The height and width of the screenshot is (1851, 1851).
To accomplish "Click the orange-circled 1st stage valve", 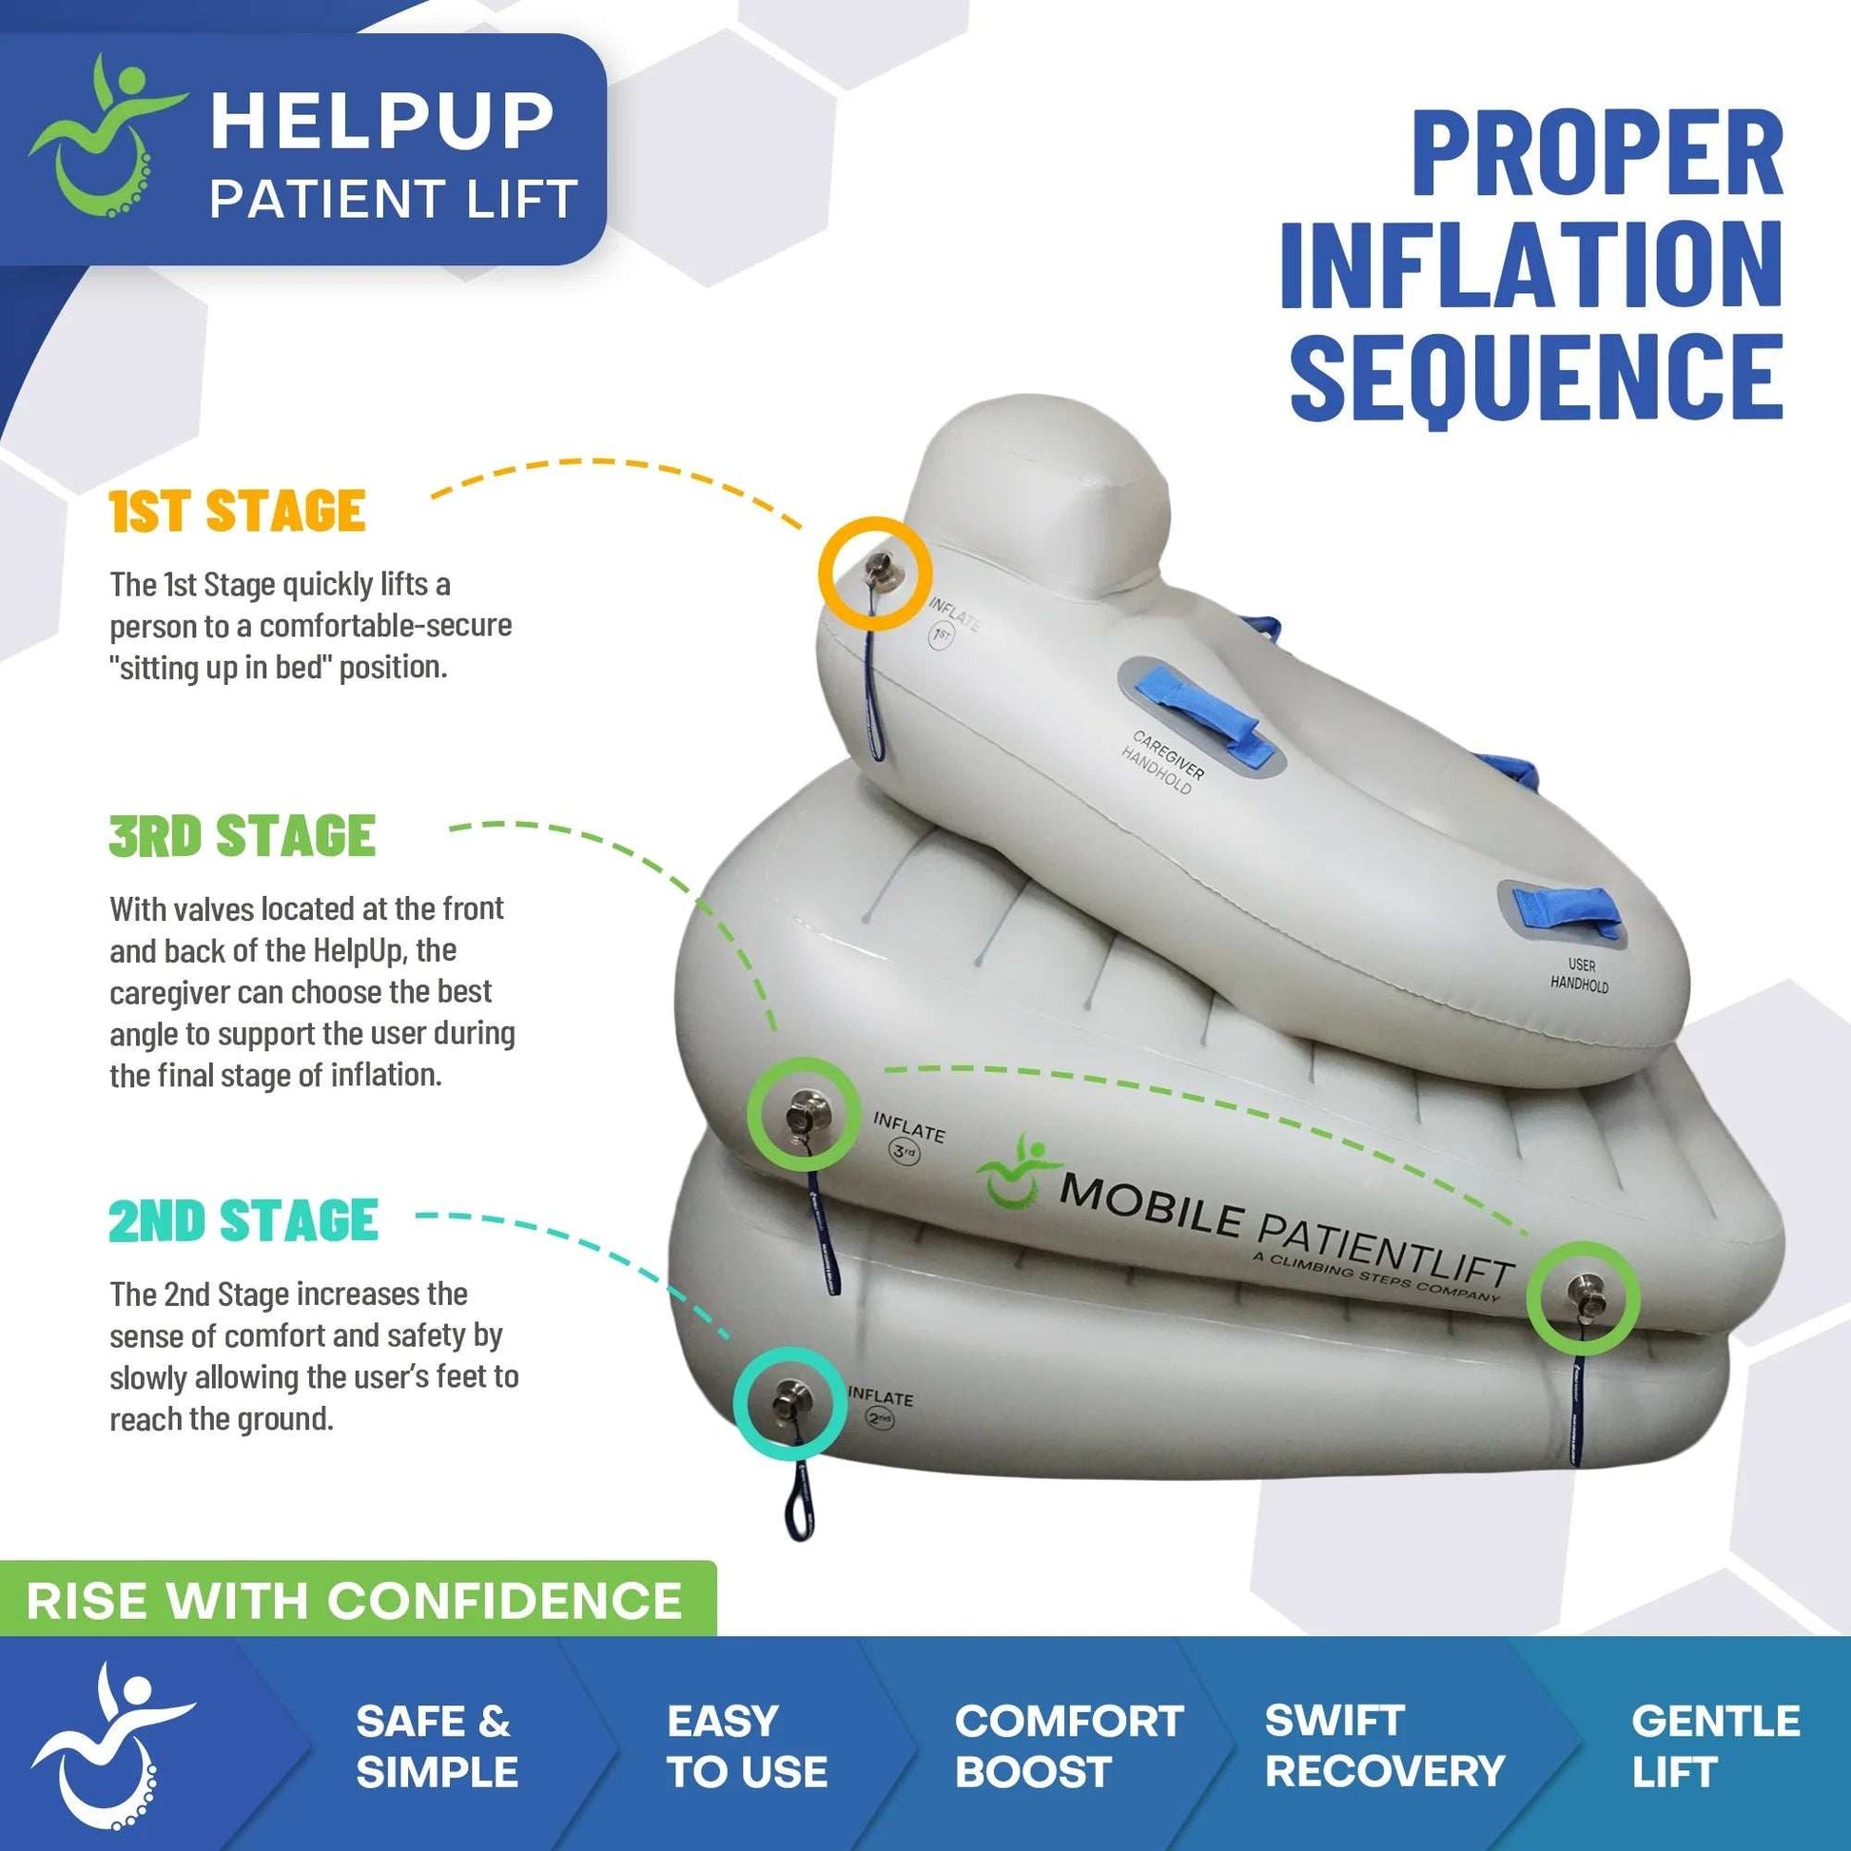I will tap(876, 573).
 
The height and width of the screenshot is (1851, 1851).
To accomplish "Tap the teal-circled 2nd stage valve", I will tap(789, 1403).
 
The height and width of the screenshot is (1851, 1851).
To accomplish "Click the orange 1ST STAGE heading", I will tap(237, 511).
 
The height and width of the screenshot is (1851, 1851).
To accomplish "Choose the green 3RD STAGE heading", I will tap(242, 835).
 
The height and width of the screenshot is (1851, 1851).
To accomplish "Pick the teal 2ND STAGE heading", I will tap(244, 1220).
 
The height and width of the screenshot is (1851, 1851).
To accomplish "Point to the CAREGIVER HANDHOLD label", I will tap(1161, 762).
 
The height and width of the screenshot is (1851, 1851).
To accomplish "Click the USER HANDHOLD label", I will tap(1580, 974).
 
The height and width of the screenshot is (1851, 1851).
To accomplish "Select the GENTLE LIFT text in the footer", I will tap(1715, 1745).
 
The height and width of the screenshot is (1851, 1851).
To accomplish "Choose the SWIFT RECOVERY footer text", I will tap(1383, 1745).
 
